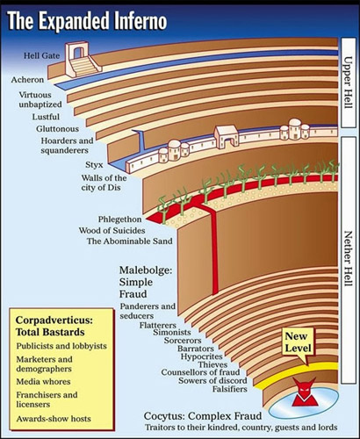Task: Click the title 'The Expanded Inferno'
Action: (x=87, y=21)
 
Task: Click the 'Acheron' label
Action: (x=27, y=80)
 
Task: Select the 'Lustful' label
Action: (x=46, y=117)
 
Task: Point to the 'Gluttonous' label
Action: (x=58, y=129)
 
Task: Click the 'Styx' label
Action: (x=94, y=165)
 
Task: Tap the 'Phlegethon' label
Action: (x=119, y=219)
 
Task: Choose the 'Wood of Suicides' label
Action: (x=112, y=231)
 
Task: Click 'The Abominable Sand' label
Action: (x=129, y=241)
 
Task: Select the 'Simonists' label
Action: (x=172, y=333)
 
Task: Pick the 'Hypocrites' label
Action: (x=202, y=356)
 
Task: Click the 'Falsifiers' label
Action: (x=230, y=389)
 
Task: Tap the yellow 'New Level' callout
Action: (x=298, y=342)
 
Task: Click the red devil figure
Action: (x=306, y=392)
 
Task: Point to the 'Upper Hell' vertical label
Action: (x=348, y=83)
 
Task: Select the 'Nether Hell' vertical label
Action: (x=348, y=259)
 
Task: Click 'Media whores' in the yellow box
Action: (x=43, y=382)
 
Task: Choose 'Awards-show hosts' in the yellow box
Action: (x=54, y=419)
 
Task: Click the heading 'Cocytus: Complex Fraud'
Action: (x=203, y=416)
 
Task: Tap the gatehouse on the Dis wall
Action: (x=227, y=135)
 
